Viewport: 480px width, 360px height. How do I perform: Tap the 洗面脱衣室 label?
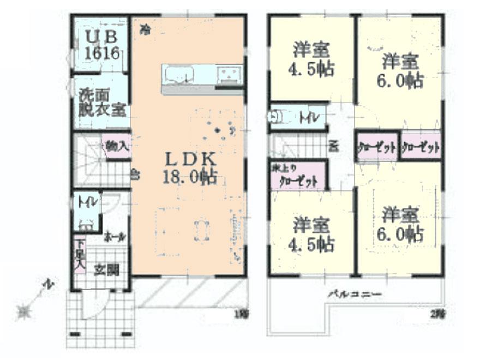pos(101,102)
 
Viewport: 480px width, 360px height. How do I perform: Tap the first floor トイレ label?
pos(87,202)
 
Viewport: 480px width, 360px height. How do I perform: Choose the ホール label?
pos(115,237)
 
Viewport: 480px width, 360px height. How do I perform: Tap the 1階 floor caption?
pos(241,313)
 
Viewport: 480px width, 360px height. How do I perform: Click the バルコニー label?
pos(354,295)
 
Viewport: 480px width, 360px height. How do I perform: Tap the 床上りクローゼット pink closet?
pos(298,176)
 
